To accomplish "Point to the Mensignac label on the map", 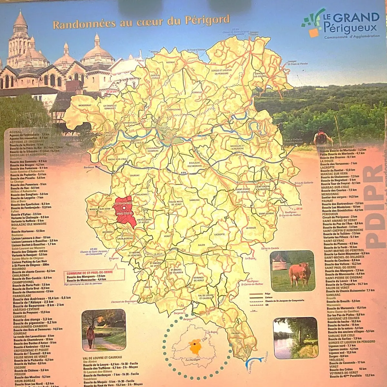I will pos(85,105).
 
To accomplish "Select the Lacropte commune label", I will pos(219,234).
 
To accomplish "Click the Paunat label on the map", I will pos(235,333).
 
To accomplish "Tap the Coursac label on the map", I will pos(134,176).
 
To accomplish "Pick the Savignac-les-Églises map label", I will pos(260,75).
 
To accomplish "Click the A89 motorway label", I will pos(184,173).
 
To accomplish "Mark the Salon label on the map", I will pos(202,245).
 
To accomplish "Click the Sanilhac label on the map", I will pos(194,200).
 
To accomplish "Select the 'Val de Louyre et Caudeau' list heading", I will pos(102,358).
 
